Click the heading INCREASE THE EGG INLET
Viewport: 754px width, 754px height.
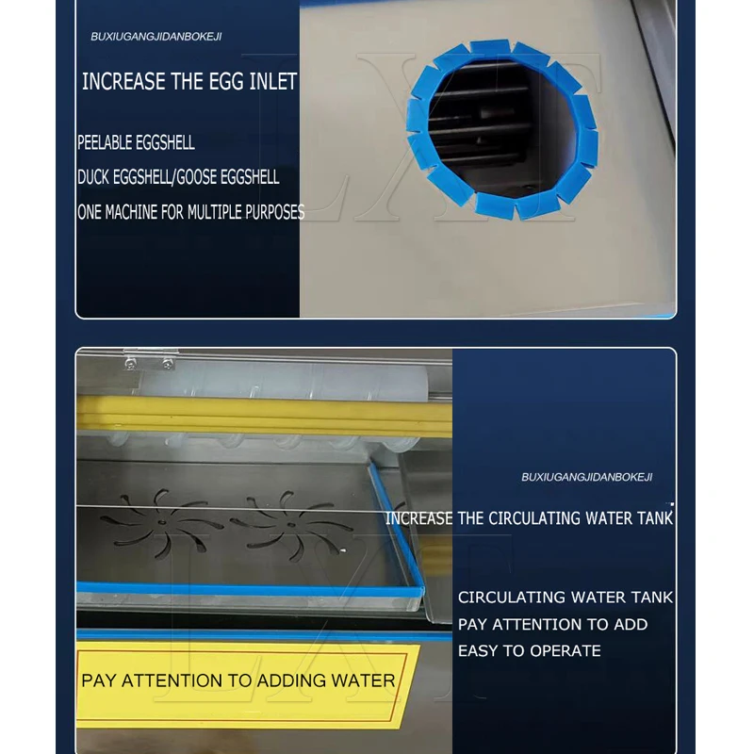pos(189,82)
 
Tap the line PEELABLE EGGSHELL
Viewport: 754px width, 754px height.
pos(136,143)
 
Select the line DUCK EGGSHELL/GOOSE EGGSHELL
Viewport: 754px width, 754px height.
pos(178,177)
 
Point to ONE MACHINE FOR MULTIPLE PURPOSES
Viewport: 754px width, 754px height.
pos(191,212)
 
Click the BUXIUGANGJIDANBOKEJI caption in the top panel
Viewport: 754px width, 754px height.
pos(156,37)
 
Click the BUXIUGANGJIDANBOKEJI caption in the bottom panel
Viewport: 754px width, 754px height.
pos(586,477)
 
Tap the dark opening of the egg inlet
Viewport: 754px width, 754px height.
pos(500,129)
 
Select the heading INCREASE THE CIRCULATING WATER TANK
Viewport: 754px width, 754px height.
pos(529,518)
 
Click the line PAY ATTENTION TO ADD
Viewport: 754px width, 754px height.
pos(552,624)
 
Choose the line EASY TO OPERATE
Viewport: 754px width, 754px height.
pos(530,650)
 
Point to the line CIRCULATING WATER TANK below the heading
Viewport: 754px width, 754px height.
pos(565,598)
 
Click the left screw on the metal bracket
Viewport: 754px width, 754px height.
pos(130,364)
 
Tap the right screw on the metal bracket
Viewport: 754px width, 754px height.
pos(168,364)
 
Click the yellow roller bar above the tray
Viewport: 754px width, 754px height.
pos(265,415)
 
